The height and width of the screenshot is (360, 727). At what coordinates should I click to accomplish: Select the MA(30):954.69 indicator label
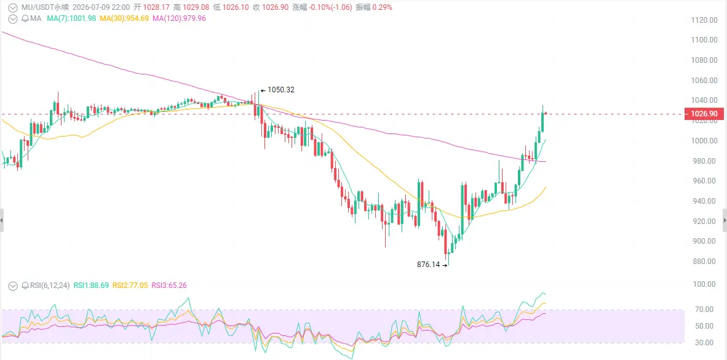point(124,18)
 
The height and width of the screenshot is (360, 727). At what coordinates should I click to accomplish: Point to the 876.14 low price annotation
point(428,265)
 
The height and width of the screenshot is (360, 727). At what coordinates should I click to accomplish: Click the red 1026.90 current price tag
point(704,114)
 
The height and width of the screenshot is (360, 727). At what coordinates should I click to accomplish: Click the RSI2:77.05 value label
point(130,286)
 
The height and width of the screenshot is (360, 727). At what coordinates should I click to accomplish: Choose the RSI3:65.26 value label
point(169,286)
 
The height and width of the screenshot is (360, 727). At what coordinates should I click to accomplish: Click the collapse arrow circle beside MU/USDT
point(14,7)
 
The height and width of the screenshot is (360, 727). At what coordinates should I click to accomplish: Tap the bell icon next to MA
point(26,18)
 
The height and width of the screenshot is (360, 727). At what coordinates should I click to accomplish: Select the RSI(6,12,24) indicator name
point(50,286)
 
